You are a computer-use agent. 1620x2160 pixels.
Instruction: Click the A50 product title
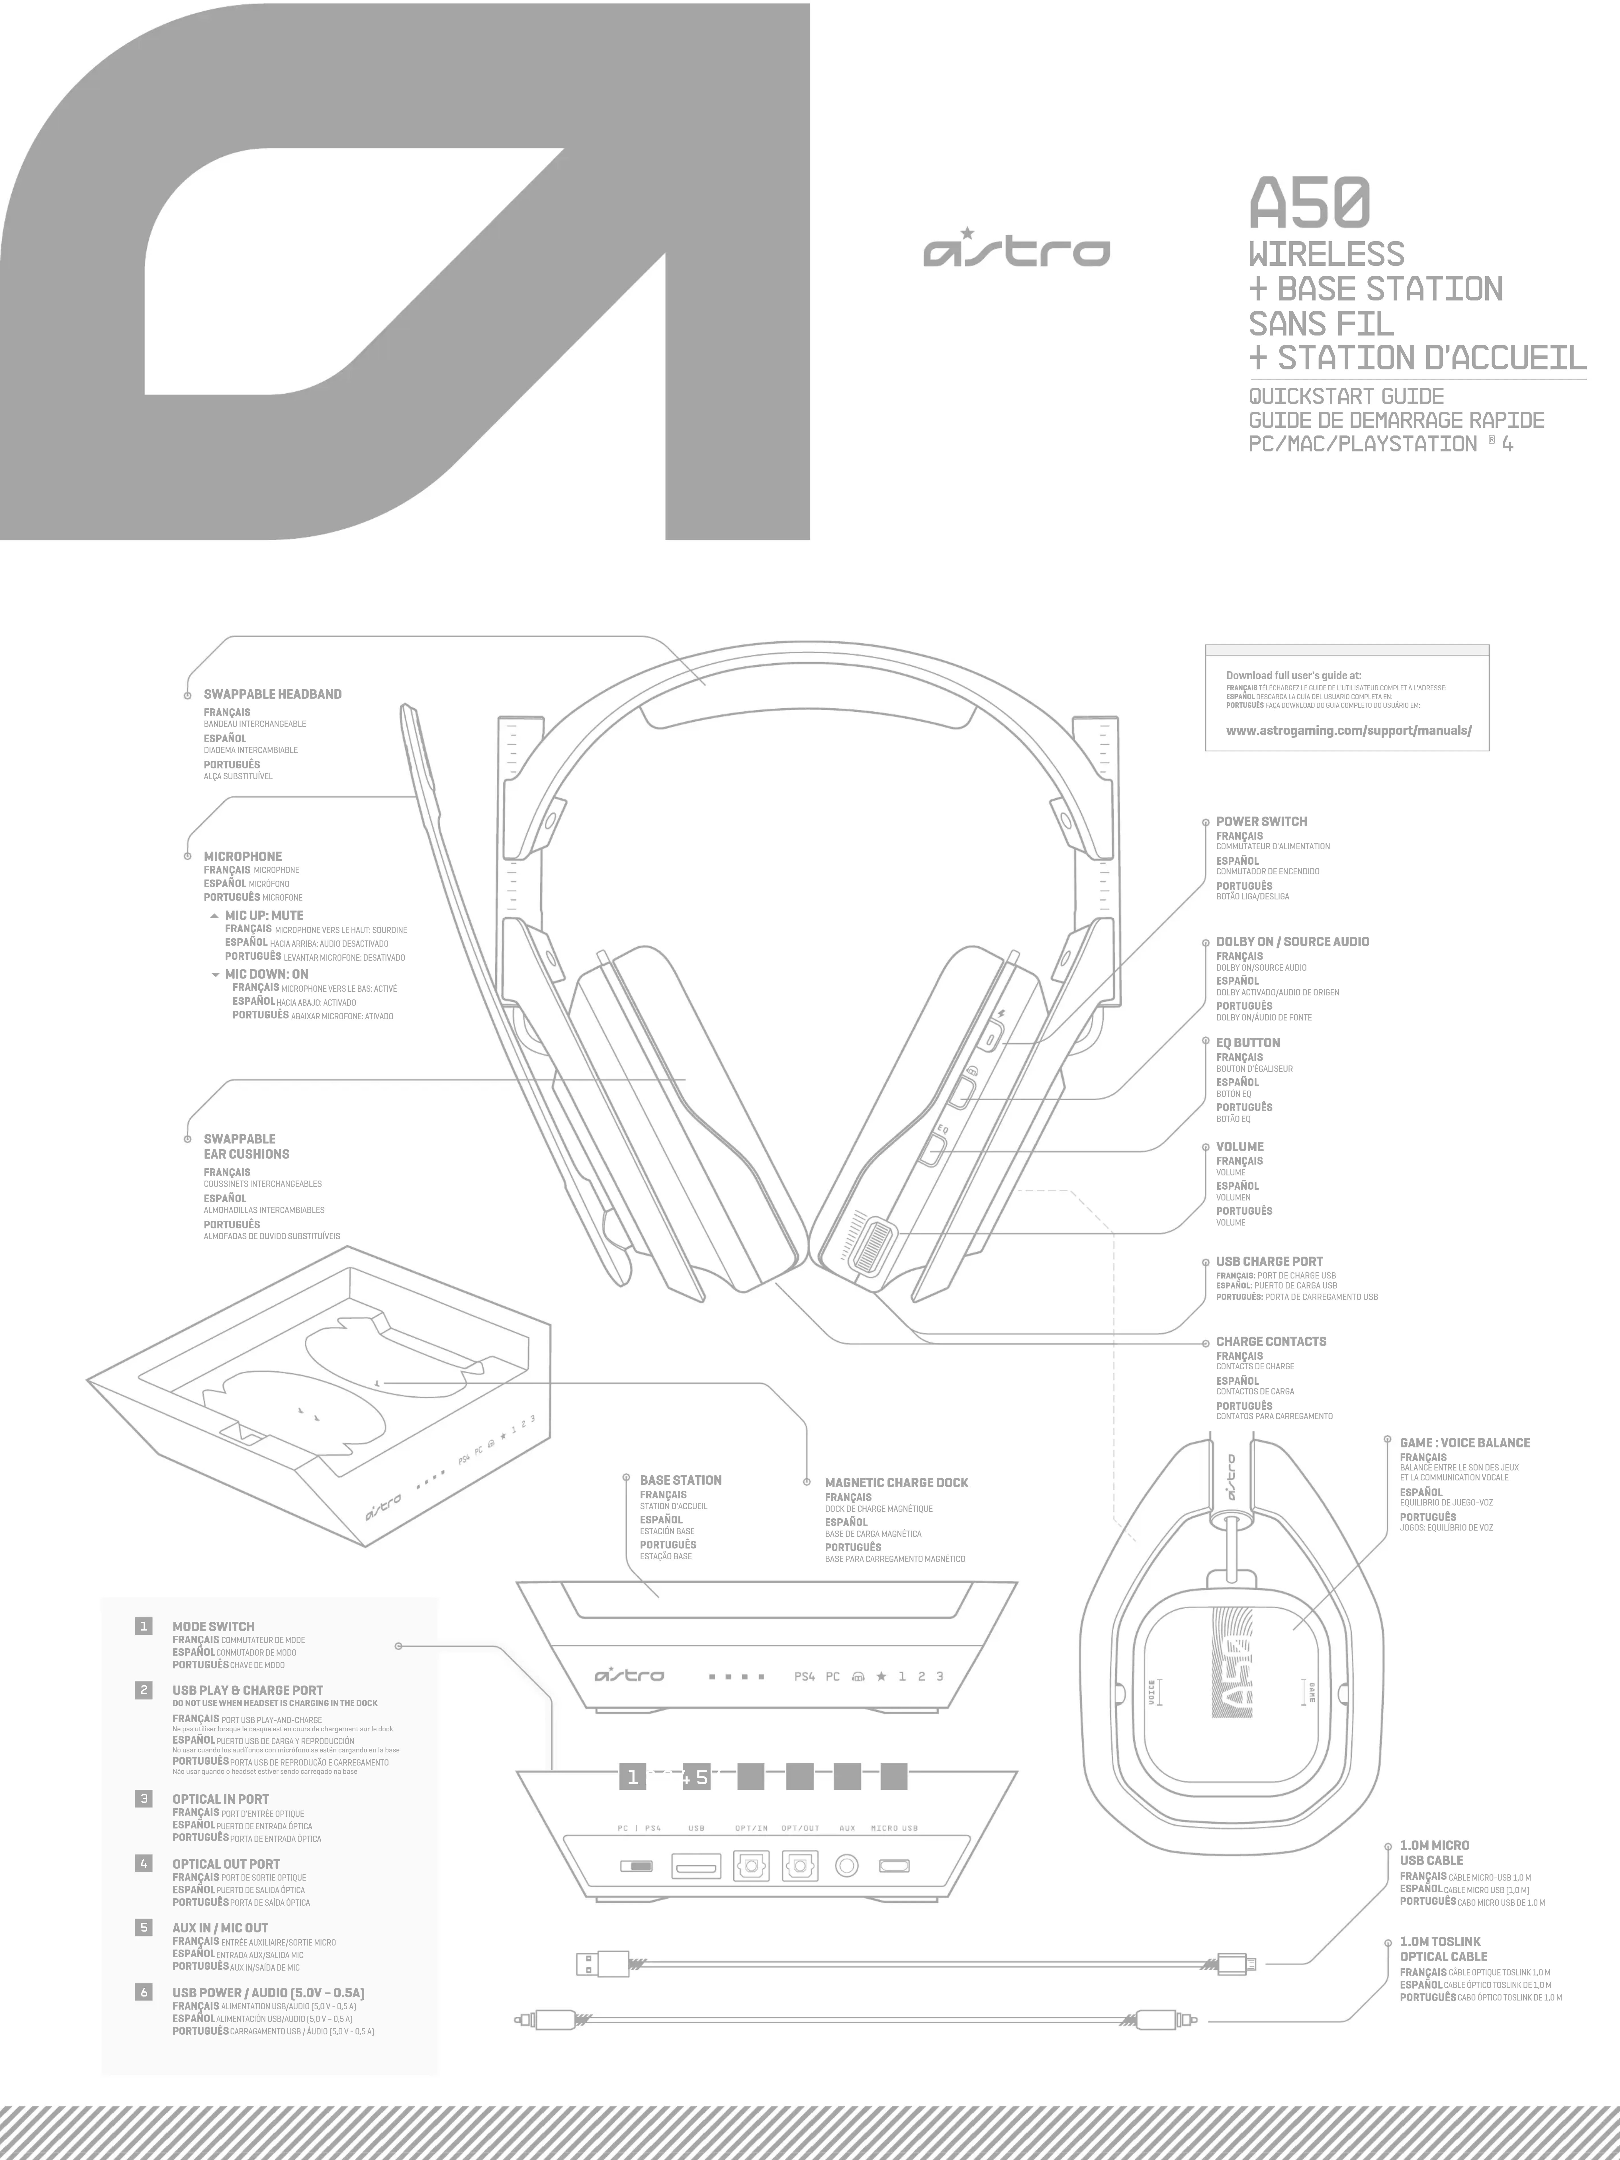1310,203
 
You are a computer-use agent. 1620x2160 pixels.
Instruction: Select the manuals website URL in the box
1347,731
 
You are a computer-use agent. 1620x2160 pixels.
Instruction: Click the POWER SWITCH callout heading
1261,821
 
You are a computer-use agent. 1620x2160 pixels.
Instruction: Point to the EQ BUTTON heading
1247,1043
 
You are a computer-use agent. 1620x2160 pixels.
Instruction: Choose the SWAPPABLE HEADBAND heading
273,694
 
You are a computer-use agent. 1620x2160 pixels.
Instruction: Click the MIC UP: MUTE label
264,915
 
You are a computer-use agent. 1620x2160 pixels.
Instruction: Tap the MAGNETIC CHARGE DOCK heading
895,1482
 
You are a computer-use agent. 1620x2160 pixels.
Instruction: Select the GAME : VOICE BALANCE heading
1464,1442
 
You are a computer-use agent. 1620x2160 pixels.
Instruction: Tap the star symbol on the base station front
881,1677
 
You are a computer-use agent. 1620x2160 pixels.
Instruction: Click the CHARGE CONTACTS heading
1271,1342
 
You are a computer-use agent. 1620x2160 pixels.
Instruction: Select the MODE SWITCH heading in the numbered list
213,1627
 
